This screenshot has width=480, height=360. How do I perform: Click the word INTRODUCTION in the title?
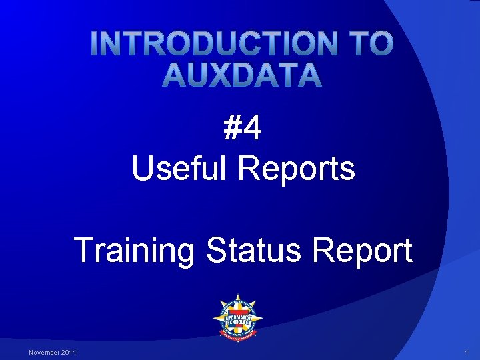213,44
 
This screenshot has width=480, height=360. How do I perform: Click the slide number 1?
467,352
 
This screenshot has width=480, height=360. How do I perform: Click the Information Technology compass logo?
237,318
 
